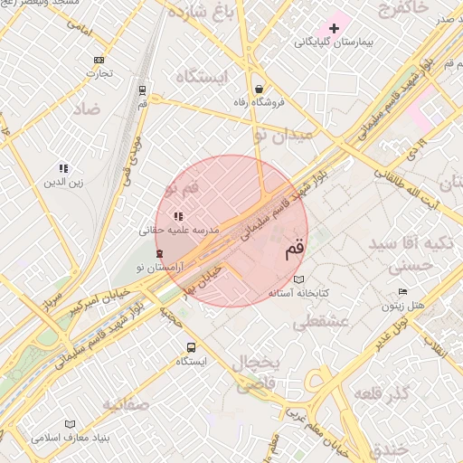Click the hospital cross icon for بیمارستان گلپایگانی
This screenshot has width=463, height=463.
[334, 28]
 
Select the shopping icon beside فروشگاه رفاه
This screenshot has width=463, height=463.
[260, 90]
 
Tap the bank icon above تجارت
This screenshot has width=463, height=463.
[99, 60]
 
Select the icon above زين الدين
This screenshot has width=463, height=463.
[64, 168]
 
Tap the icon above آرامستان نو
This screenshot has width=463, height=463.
[160, 254]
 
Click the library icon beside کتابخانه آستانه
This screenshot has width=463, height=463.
[299, 279]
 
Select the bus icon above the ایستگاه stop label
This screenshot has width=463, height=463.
[191, 347]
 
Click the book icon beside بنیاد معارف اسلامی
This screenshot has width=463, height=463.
[71, 424]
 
